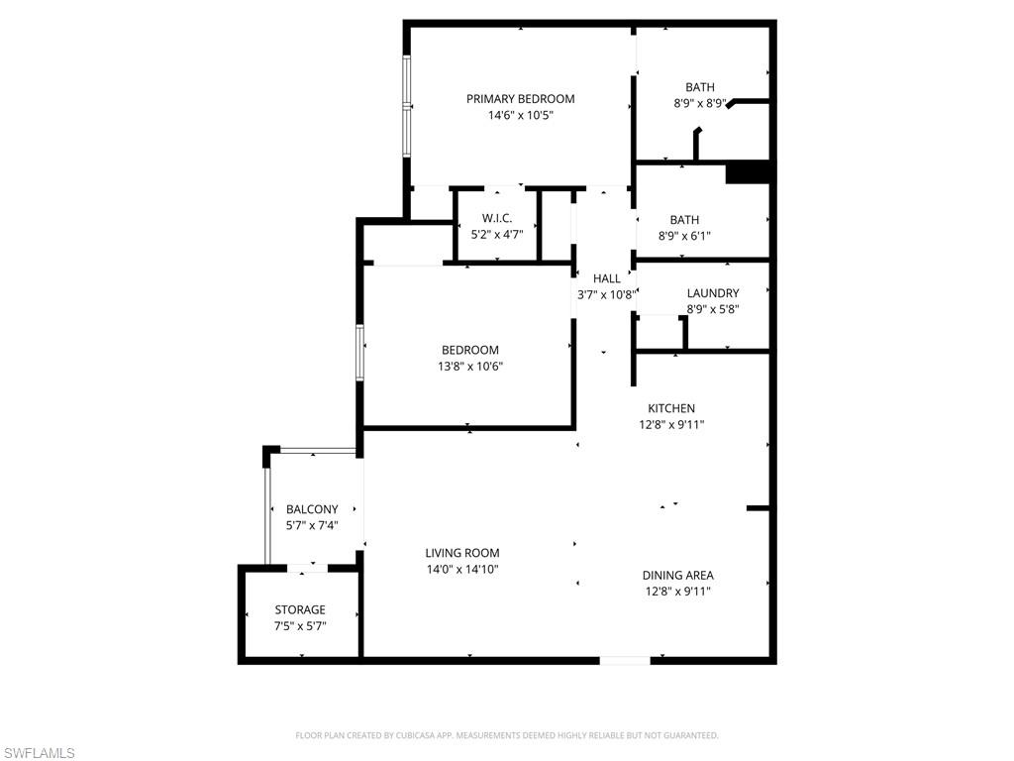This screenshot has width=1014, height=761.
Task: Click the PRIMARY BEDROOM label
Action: (x=520, y=98)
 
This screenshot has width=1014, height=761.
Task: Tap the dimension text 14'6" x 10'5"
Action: (x=520, y=115)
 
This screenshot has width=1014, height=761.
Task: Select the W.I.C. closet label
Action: (x=497, y=218)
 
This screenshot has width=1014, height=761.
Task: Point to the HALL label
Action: (x=607, y=278)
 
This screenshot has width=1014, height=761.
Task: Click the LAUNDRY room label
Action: (x=713, y=293)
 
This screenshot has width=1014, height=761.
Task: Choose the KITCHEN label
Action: (x=671, y=408)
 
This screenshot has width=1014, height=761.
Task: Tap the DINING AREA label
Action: (x=677, y=575)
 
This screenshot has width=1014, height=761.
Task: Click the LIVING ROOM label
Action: (x=462, y=553)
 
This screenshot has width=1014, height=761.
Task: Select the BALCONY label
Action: (x=312, y=509)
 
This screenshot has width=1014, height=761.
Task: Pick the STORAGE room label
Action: (x=300, y=609)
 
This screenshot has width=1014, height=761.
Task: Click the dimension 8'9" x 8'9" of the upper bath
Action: (x=699, y=103)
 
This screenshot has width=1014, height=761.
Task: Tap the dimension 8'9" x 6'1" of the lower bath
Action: (x=684, y=236)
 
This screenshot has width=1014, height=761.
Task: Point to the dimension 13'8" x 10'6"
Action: (x=470, y=366)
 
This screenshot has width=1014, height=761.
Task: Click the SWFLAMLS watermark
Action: (x=39, y=753)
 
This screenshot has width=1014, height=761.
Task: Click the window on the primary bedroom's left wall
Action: (x=406, y=105)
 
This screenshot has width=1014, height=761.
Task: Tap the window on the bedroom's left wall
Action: (x=361, y=351)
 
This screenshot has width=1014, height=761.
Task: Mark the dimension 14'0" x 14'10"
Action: (x=462, y=569)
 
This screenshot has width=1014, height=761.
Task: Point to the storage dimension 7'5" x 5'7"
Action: (x=300, y=625)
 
